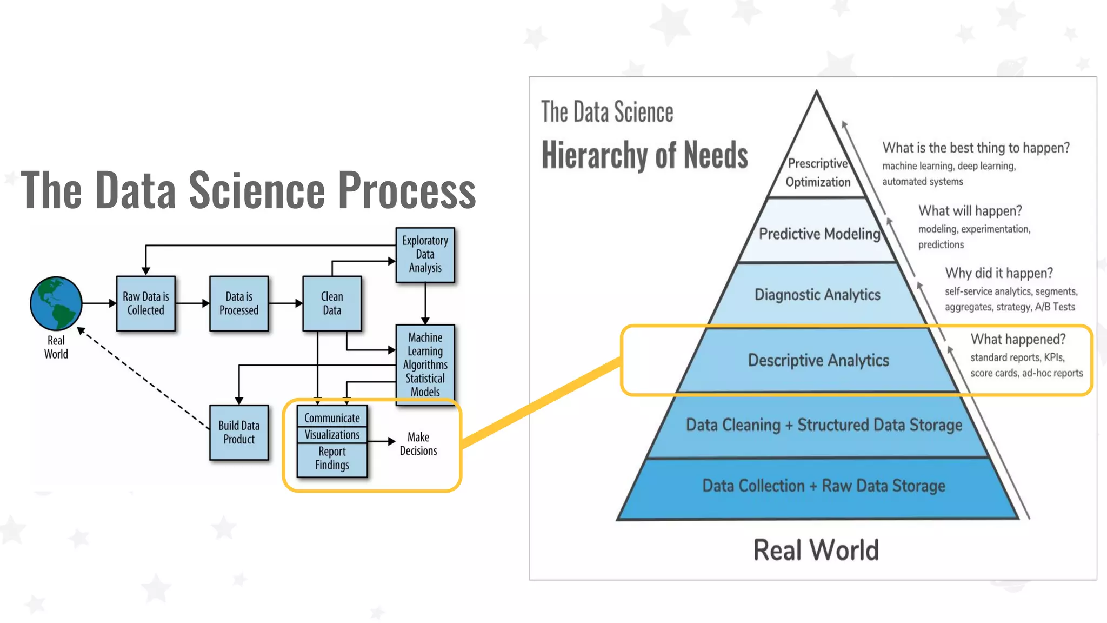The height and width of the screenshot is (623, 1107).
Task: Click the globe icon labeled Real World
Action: pos(56,303)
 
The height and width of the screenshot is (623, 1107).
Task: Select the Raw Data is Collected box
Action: pos(145,303)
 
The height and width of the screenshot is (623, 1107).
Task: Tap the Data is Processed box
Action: pos(238,303)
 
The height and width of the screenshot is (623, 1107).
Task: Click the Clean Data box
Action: pos(332,303)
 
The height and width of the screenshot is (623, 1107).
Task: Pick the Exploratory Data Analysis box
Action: pos(425,254)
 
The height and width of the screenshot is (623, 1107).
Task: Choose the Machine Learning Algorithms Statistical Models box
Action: pos(425,364)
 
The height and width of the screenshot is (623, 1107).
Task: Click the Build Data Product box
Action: pos(238,432)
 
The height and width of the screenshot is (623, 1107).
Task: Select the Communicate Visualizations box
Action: pos(332,426)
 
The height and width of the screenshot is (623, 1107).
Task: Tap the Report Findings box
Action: pos(332,459)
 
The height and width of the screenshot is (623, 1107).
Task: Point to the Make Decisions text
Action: pos(418,444)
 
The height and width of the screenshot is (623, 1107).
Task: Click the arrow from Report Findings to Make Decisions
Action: pos(382,441)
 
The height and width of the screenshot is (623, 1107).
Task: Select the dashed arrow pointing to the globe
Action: pos(144,378)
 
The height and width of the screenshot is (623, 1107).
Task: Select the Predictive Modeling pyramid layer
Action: pos(819,233)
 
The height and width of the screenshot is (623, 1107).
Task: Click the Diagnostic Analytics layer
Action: pos(817,295)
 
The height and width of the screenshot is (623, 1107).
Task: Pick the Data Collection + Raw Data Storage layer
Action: pos(823,486)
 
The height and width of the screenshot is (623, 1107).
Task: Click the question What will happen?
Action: pos(970,210)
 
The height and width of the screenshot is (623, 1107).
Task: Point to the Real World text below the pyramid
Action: pos(816,550)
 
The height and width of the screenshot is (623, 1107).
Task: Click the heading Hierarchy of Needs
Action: pos(644,155)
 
